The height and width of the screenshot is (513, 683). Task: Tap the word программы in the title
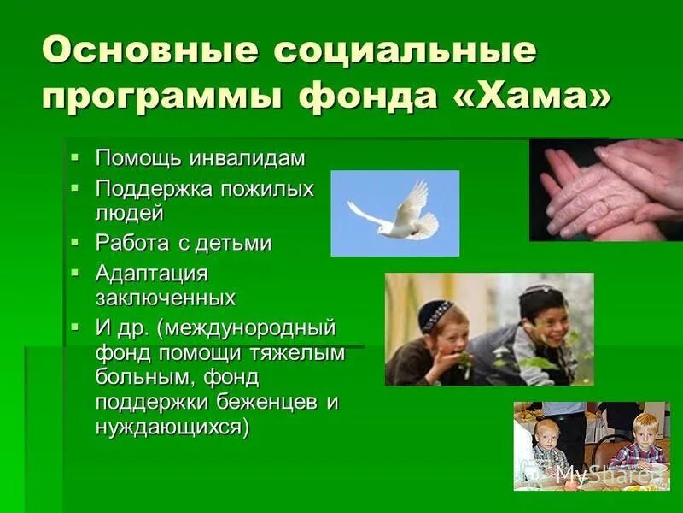pyautogui.click(x=162, y=95)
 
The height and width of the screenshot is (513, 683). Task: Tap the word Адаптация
pyautogui.click(x=151, y=274)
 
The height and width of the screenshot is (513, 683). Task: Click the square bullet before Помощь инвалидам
pyautogui.click(x=75, y=158)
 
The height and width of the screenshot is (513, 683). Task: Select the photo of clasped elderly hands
pyautogui.click(x=606, y=190)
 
